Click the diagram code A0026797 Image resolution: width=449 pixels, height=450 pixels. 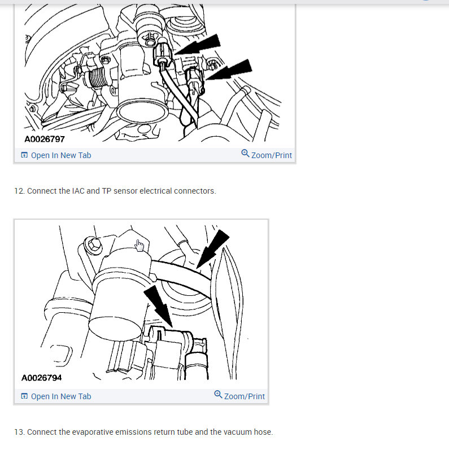tap(45, 139)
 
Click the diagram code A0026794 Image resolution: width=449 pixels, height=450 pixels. tap(42, 378)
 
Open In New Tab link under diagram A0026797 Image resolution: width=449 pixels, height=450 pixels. tap(56, 155)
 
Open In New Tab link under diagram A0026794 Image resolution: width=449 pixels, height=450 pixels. tap(56, 396)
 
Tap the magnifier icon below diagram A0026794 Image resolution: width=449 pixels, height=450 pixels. tap(218, 395)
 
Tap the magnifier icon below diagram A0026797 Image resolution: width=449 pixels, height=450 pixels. tap(245, 154)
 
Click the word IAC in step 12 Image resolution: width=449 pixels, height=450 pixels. tap(78, 191)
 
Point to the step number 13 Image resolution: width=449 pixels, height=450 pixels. tap(20, 432)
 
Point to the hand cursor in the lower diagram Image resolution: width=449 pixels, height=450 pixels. tap(140, 246)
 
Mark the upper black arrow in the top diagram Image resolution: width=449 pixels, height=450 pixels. tap(198, 45)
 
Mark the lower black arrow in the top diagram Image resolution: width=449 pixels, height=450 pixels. tap(229, 70)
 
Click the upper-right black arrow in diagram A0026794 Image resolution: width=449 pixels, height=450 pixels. tap(213, 249)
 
